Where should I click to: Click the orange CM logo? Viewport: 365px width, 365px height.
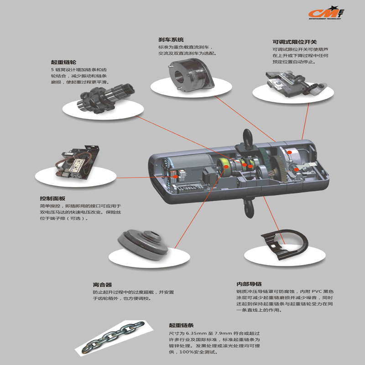pyautogui.click(x=326, y=13)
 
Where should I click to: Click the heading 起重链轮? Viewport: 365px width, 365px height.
pyautogui.click(x=63, y=62)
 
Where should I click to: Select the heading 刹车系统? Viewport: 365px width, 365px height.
pyautogui.click(x=171, y=40)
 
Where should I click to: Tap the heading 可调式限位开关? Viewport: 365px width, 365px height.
pyautogui.click(x=294, y=42)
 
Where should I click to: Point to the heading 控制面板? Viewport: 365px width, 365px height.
pyautogui.click(x=52, y=198)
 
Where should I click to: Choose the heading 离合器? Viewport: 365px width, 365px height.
pyautogui.click(x=102, y=285)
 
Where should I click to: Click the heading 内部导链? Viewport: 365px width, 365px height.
pyautogui.click(x=249, y=284)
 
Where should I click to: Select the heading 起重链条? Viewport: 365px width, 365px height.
pyautogui.click(x=181, y=325)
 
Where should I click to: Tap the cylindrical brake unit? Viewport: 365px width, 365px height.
pyautogui.click(x=190, y=76)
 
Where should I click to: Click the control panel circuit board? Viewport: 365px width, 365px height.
pyautogui.click(x=77, y=163)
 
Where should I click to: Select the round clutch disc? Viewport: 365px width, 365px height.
pyautogui.click(x=143, y=245)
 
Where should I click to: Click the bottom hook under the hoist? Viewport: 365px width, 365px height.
pyautogui.click(x=249, y=208)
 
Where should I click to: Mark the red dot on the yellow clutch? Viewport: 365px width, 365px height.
pyautogui.click(x=226, y=167)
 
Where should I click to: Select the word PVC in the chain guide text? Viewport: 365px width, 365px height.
pyautogui.click(x=317, y=291)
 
